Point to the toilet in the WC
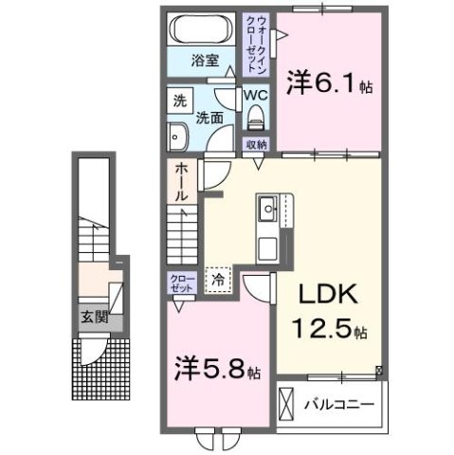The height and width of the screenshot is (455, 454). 254,118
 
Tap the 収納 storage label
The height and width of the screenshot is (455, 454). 256,144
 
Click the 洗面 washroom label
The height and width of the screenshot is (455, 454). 209,119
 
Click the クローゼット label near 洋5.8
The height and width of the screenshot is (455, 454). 179,282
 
